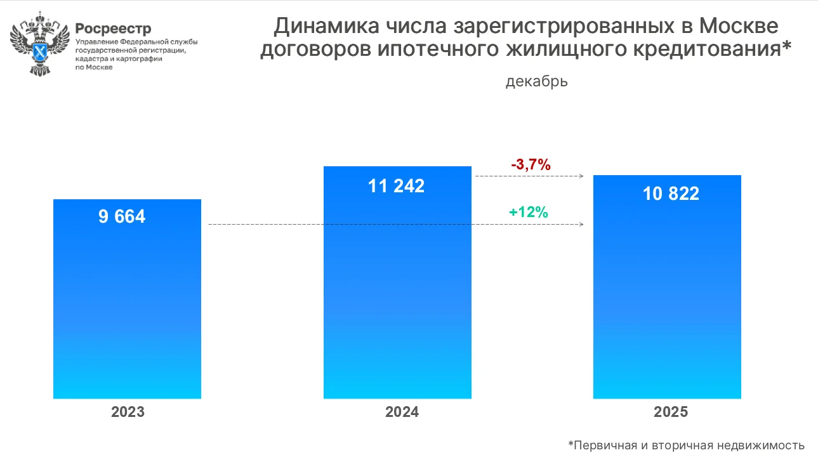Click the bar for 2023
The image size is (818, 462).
[x=127, y=305]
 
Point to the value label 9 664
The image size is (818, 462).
[x=122, y=216]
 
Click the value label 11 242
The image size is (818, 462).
[x=397, y=186]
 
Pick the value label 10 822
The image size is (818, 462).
[x=671, y=194]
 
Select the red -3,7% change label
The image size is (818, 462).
[x=531, y=165]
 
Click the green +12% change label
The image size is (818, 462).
[x=528, y=213]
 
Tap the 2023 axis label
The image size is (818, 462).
[x=128, y=412]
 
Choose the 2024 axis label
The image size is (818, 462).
[x=402, y=412]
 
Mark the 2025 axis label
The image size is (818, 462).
[x=671, y=412]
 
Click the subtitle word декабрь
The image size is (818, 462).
[x=536, y=82]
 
